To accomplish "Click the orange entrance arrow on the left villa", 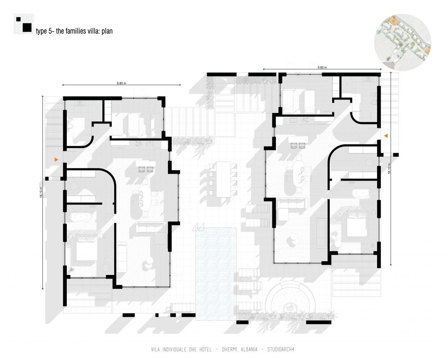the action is click(57, 160).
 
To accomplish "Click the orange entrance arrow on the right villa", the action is click(386, 136).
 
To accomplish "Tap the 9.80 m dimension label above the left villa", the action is click(121, 83).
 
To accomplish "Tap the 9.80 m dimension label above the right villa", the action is click(322, 67).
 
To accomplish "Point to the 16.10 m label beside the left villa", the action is click(41, 192).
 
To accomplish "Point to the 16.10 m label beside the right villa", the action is click(389, 168).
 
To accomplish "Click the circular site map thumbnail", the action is click(403, 42).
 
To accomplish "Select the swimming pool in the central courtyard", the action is click(216, 274).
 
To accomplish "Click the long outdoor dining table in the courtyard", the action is click(223, 179).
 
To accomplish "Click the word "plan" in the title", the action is click(107, 31).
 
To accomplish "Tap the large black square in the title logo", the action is click(27, 27).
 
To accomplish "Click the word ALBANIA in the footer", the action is click(249, 349).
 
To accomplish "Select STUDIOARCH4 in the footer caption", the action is click(281, 349).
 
